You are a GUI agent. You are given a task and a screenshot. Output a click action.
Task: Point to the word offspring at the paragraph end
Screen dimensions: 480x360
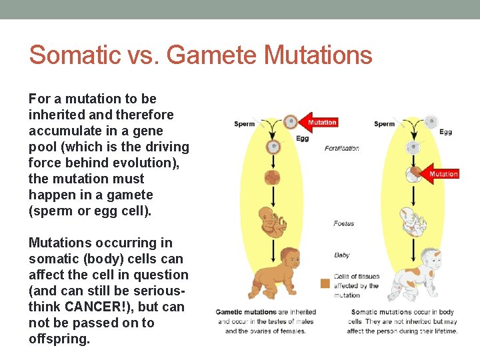coord(59,339)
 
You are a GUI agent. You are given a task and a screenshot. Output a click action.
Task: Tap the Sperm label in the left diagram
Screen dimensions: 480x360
coord(244,124)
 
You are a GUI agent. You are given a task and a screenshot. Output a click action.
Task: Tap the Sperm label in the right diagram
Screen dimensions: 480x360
coord(385,124)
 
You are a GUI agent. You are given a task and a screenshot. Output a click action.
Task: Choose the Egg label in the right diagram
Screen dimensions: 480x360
coord(445,132)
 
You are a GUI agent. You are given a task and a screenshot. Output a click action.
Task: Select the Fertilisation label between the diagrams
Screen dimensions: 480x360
coord(341,148)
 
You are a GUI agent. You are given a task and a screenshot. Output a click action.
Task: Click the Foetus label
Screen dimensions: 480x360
coord(343,224)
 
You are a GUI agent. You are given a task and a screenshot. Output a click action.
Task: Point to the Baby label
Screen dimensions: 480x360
coord(341,255)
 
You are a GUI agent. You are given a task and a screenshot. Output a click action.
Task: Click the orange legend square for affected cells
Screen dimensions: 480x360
coord(325,283)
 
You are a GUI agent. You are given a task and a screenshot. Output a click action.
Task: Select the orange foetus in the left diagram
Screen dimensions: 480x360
coord(271,221)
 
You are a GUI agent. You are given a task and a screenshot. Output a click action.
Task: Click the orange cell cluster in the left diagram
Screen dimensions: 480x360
coord(272,177)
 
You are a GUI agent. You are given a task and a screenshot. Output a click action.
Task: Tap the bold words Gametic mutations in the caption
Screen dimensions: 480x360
coord(246,312)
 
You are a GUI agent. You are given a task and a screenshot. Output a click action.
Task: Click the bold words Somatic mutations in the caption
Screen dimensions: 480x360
coord(382,312)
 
